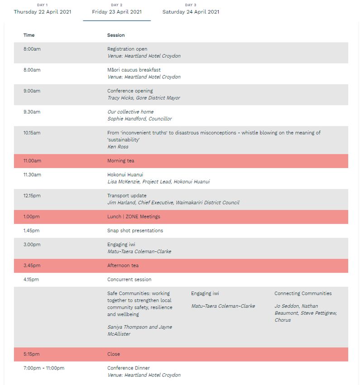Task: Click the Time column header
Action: (x=29, y=35)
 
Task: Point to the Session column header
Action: (x=116, y=35)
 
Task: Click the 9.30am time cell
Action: (x=32, y=112)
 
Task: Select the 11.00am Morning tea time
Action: (x=32, y=161)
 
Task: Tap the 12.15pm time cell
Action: (x=32, y=196)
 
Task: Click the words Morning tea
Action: (x=120, y=161)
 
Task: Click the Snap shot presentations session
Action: (x=135, y=231)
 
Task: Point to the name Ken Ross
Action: (x=118, y=147)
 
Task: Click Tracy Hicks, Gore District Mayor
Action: (x=144, y=98)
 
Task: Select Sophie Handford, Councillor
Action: (x=139, y=119)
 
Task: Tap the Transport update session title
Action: (x=127, y=196)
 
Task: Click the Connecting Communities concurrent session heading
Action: (x=303, y=294)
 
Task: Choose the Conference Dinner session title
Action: (x=128, y=368)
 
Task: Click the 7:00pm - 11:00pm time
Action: (x=44, y=368)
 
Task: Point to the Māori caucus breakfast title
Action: (x=134, y=70)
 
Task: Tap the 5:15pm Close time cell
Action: (x=31, y=354)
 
